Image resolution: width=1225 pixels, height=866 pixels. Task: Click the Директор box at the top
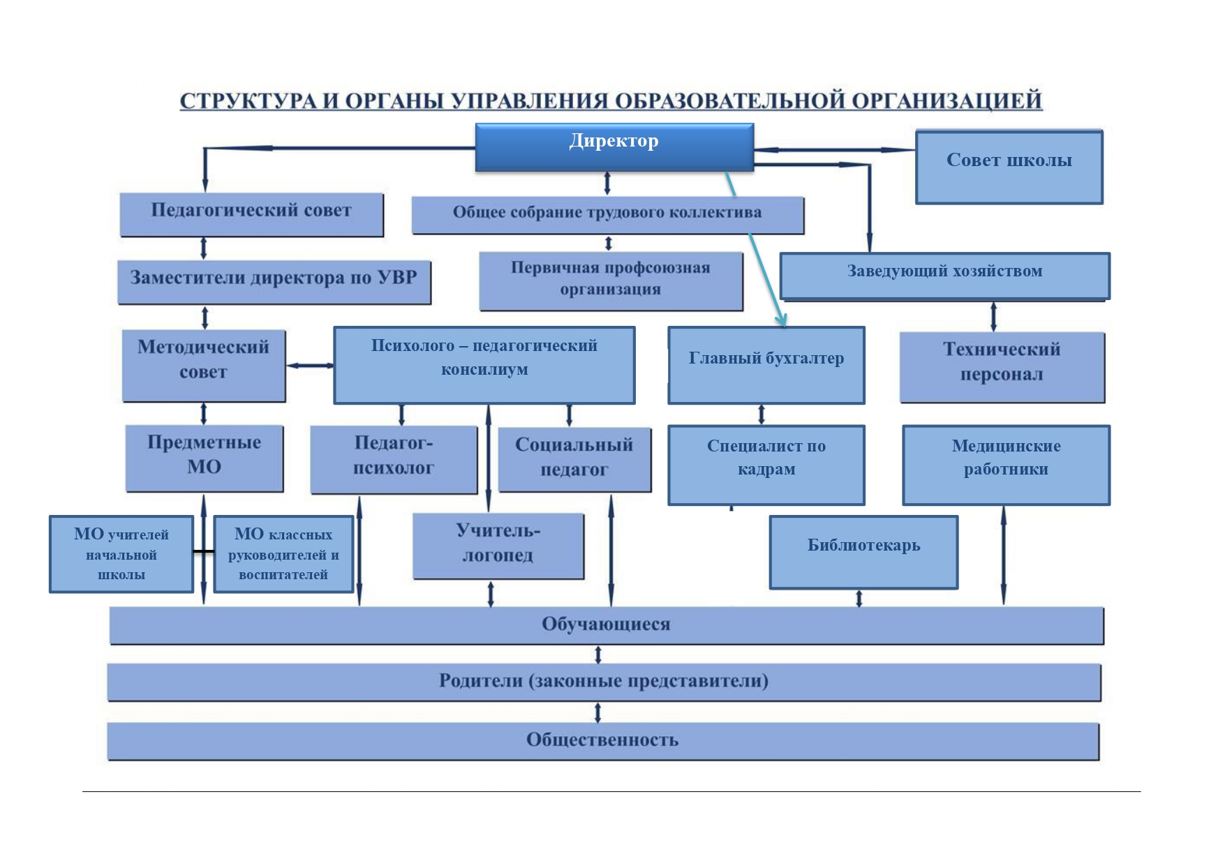tap(614, 147)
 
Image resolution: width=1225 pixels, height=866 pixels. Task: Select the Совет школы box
tap(1009, 166)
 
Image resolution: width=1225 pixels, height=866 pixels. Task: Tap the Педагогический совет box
tap(251, 214)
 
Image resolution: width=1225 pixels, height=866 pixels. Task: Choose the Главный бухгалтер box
tap(766, 365)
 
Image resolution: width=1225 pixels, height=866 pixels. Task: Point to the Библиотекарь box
tap(863, 552)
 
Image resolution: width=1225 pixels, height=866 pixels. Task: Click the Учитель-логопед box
tap(498, 546)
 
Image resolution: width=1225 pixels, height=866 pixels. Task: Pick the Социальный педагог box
tap(574, 459)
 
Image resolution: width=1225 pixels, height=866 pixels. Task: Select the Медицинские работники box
tap(1006, 465)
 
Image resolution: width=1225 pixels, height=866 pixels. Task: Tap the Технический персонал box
tap(1002, 367)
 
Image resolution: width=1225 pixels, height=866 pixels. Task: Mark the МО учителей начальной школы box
tap(121, 554)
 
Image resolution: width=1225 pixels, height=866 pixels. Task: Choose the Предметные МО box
tap(204, 458)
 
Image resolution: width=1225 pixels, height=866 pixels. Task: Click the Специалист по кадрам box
tap(766, 465)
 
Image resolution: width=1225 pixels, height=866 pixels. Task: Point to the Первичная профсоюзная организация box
tap(611, 281)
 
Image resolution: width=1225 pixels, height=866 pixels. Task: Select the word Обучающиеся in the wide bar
tap(606, 625)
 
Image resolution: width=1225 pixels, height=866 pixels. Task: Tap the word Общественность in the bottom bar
tap(602, 740)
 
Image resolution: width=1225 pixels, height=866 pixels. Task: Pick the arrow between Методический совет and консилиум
tap(309, 366)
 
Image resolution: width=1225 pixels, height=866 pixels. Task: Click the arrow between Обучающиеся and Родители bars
tap(598, 655)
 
